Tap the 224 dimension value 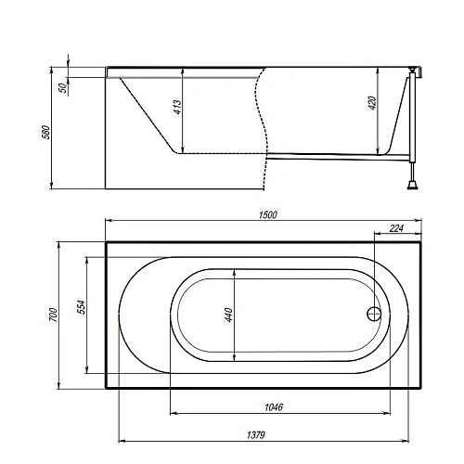pos(397,227)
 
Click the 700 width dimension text pos(54,315)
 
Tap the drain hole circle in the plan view pos(376,315)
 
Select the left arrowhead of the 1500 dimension pos(105,221)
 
